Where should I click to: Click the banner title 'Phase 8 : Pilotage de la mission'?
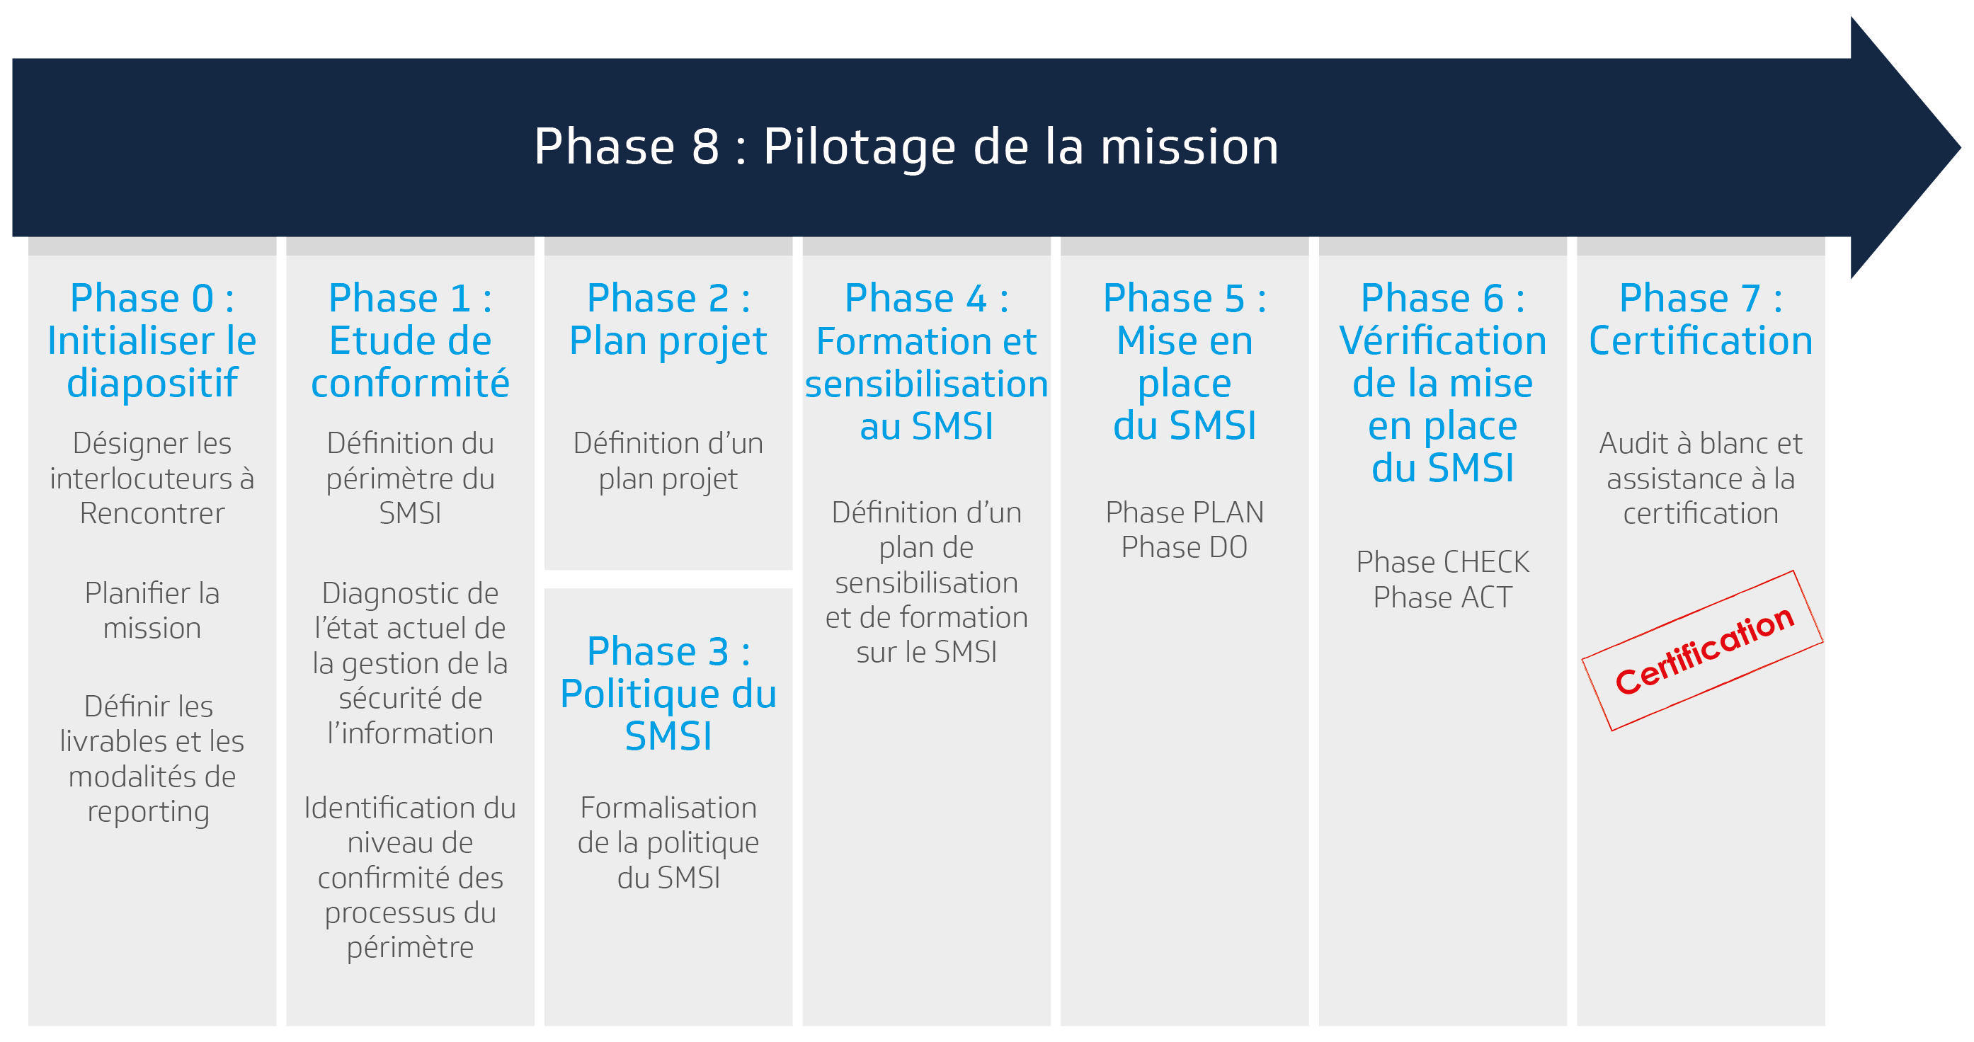pyautogui.click(x=906, y=147)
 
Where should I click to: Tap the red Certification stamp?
pyautogui.click(x=1702, y=651)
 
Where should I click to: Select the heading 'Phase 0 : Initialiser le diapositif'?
pyautogui.click(x=152, y=340)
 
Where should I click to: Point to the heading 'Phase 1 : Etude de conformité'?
pyautogui.click(x=410, y=340)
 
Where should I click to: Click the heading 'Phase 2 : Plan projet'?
pyautogui.click(x=668, y=319)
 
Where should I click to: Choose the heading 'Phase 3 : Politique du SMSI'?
pyautogui.click(x=668, y=694)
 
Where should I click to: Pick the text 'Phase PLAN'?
pyautogui.click(x=1184, y=512)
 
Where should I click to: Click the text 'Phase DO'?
pyautogui.click(x=1184, y=547)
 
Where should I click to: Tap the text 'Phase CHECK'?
pyautogui.click(x=1442, y=561)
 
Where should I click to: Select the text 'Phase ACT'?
pyautogui.click(x=1442, y=597)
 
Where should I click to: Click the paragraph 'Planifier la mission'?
pyautogui.click(x=152, y=611)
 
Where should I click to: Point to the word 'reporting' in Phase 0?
pyautogui.click(x=148, y=812)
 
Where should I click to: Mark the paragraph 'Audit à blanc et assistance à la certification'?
pyautogui.click(x=1701, y=478)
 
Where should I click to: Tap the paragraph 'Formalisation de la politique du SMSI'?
pyautogui.click(x=668, y=843)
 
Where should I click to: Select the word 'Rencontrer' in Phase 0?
pyautogui.click(x=152, y=513)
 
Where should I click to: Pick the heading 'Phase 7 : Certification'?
pyautogui.click(x=1701, y=319)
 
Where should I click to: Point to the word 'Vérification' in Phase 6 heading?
pyautogui.click(x=1442, y=340)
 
